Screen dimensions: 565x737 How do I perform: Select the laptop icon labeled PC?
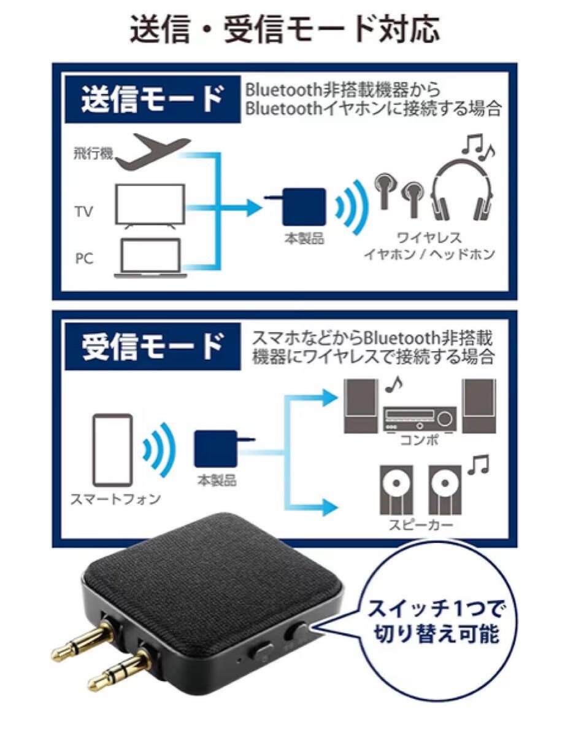click(x=150, y=259)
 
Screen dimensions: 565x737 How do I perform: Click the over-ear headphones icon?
click(x=462, y=190)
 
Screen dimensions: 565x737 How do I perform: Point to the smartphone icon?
click(x=113, y=450)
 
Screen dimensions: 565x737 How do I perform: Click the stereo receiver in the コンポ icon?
click(x=420, y=419)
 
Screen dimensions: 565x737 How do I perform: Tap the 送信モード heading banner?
click(x=152, y=99)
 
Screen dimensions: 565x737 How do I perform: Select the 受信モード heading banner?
click(x=152, y=346)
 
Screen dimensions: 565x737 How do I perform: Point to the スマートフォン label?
click(x=115, y=499)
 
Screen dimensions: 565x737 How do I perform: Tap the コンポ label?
click(x=420, y=440)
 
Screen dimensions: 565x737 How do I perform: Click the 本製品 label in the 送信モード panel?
click(x=304, y=238)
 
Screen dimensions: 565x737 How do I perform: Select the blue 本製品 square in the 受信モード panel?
click(x=216, y=449)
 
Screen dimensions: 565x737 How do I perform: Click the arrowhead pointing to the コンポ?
click(x=327, y=397)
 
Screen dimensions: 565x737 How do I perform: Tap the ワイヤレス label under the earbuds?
click(x=429, y=238)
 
